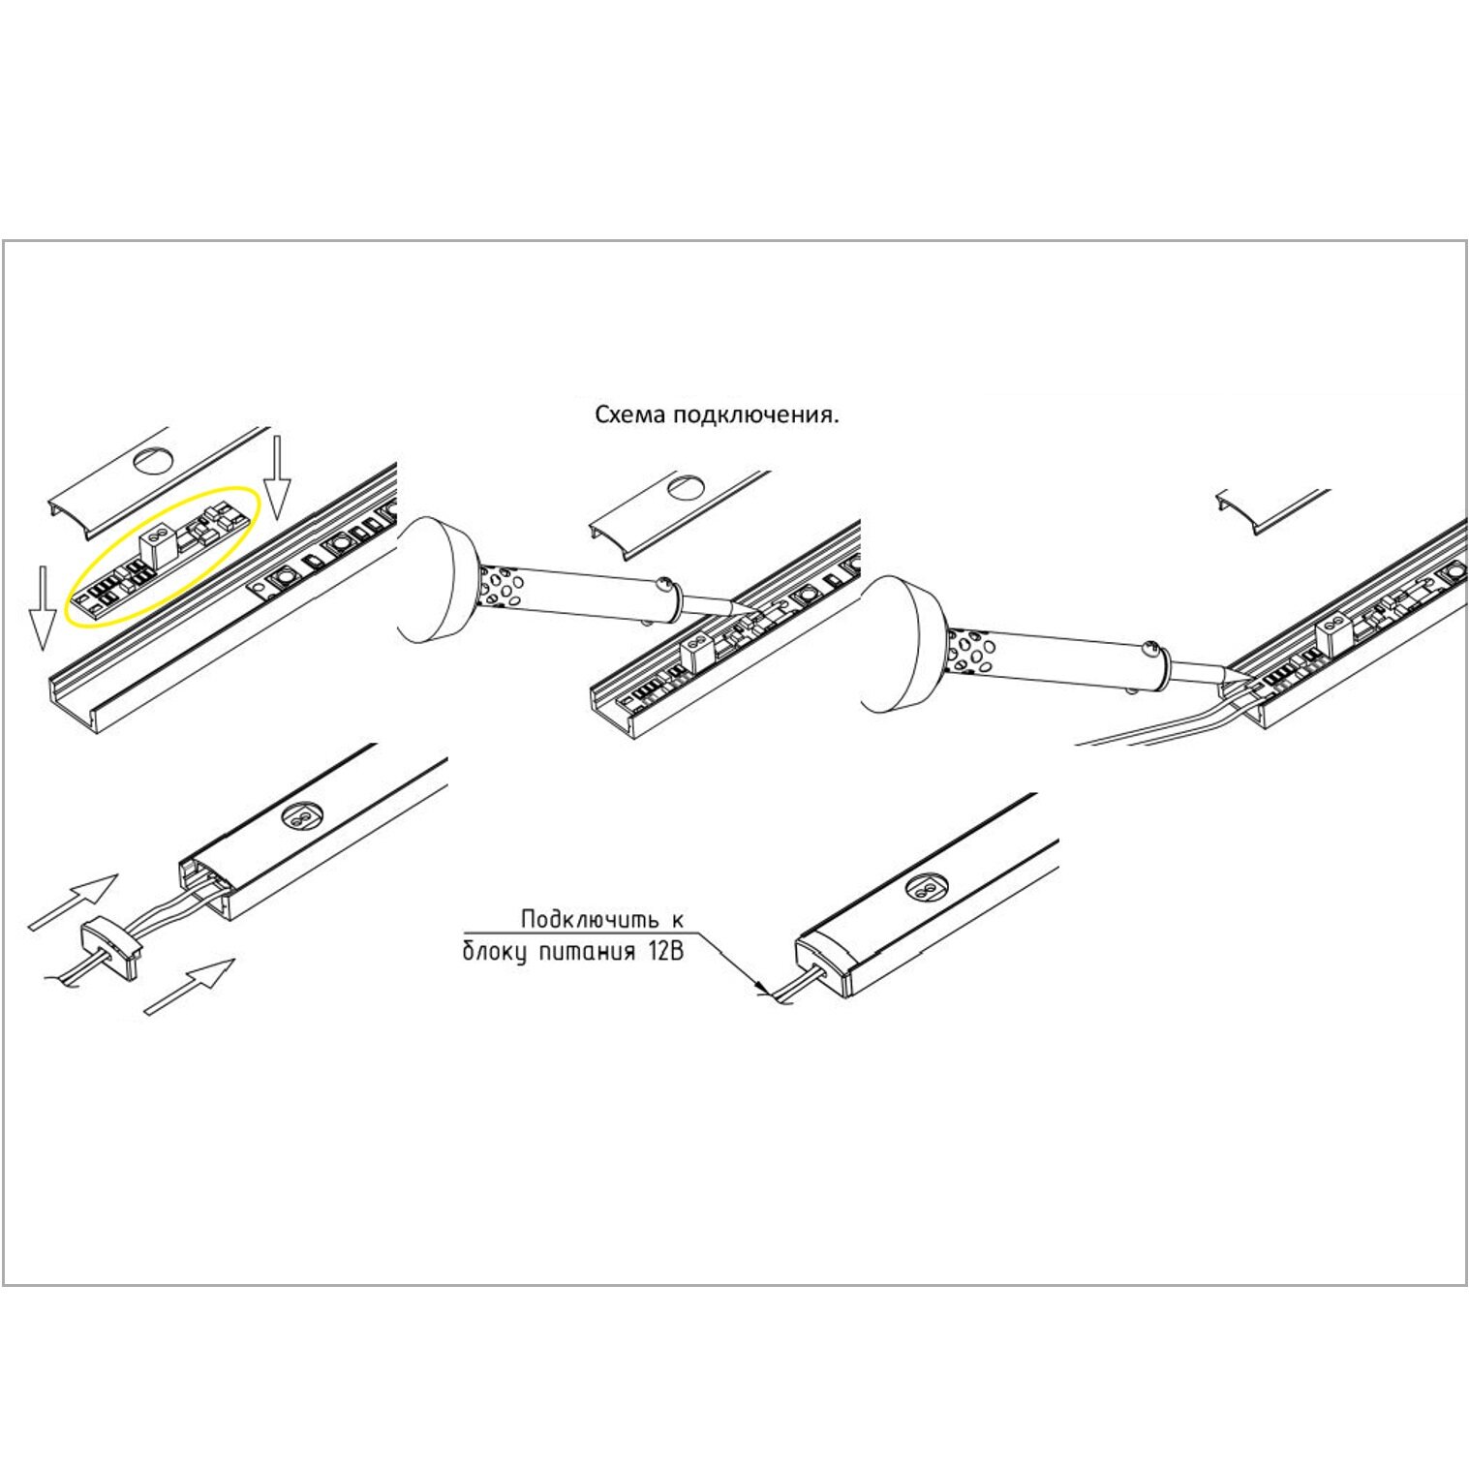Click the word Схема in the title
(630, 416)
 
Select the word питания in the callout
(583, 952)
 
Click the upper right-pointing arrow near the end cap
(74, 902)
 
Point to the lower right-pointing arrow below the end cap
(190, 986)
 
